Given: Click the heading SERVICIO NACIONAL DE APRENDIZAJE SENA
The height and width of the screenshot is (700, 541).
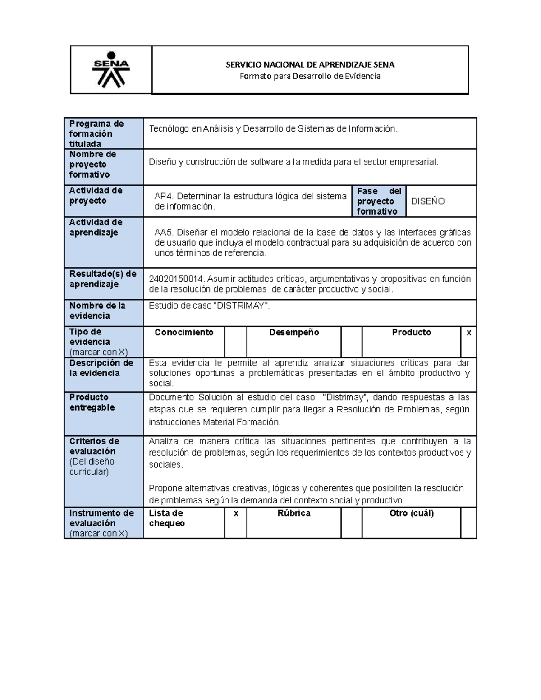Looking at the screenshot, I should coord(310,64).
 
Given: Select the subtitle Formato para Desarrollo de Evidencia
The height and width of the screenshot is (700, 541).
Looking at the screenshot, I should coord(310,76).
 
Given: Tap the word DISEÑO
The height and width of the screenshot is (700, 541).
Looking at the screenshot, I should coord(427,201).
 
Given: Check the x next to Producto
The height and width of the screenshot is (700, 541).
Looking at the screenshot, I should coord(468,333).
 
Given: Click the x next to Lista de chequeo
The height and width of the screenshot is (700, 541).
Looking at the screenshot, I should coord(236,513).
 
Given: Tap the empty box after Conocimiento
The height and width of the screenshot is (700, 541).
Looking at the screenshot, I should coord(235,342).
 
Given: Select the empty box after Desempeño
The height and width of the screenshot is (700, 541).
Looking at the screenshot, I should coord(351,342).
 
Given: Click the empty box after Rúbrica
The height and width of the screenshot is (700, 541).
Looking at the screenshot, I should coord(351,523).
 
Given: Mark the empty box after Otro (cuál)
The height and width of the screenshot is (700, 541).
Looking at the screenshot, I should coord(468,523).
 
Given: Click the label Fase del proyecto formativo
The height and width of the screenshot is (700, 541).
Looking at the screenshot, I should coord(378,201).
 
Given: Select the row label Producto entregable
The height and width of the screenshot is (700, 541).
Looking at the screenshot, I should coord(92,403).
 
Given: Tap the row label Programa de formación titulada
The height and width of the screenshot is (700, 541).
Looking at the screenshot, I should coord(96,133).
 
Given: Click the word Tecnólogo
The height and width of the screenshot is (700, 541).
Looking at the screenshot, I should coord(169,129).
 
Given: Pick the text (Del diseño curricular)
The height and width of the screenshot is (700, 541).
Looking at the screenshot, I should coord(92,467).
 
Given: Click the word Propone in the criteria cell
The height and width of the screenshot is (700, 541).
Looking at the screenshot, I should coord(165,488).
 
